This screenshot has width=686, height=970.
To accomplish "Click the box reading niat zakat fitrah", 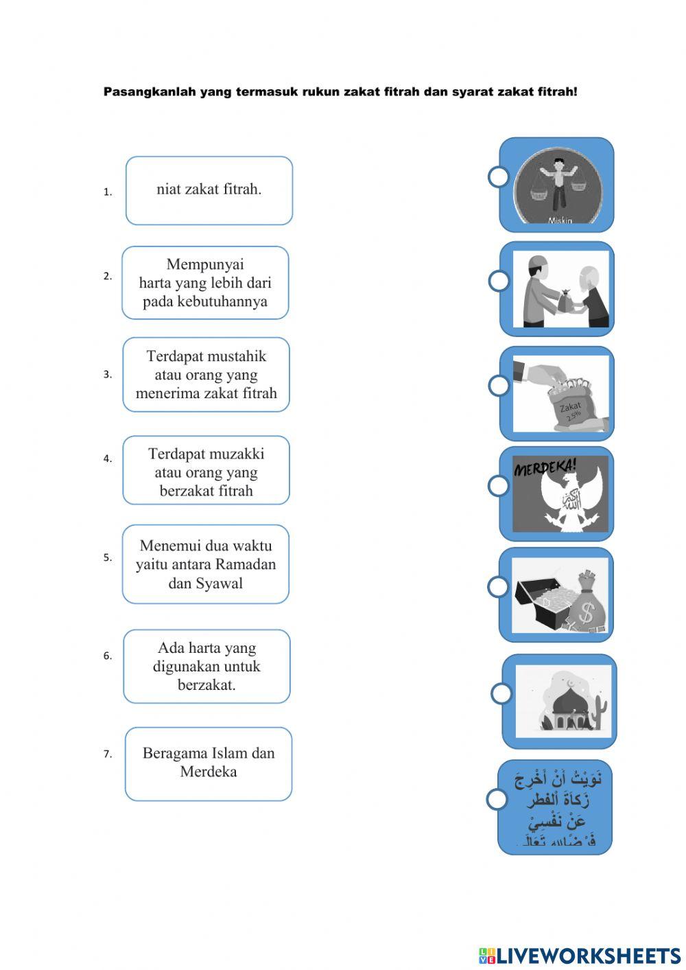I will tap(209, 190).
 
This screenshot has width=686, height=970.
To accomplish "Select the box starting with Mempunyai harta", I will tap(205, 283).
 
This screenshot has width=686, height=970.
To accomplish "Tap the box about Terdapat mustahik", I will tap(206, 375).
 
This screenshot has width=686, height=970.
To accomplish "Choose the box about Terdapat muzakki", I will tap(206, 471).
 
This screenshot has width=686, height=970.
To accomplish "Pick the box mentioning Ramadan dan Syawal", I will tap(206, 564).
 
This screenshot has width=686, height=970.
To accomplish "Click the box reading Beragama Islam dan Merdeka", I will tap(209, 763).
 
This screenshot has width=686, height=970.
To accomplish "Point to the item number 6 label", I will tap(108, 656).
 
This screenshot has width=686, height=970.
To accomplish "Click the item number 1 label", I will tap(108, 192).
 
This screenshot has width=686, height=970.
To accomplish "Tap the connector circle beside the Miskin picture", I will tap(499, 176).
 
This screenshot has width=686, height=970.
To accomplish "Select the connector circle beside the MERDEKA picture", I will tap(499, 485).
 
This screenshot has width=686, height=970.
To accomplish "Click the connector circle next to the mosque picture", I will tap(501, 693).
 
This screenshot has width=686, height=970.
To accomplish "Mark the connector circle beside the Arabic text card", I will tap(497, 799).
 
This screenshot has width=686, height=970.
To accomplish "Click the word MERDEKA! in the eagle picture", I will tap(545, 468).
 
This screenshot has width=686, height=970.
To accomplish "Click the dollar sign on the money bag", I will tap(586, 612).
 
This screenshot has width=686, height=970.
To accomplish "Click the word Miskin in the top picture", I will tap(560, 220).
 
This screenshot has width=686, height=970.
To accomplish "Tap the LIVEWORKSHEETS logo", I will tap(580, 956).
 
